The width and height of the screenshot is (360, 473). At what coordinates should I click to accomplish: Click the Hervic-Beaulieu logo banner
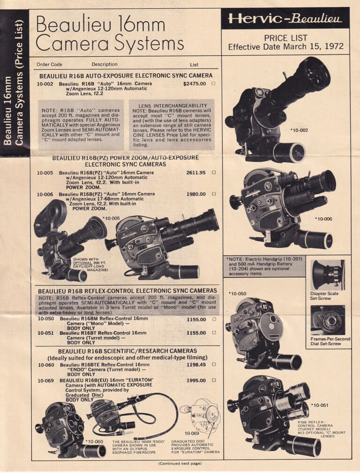click(285, 19)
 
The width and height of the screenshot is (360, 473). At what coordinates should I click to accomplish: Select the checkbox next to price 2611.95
click(214, 173)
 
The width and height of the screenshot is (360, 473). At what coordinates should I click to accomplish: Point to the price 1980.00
click(196, 194)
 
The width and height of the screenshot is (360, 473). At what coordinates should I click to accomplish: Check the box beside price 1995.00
click(214, 380)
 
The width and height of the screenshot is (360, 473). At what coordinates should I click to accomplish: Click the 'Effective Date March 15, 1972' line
click(285, 47)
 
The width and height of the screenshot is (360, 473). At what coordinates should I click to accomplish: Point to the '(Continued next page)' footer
click(180, 463)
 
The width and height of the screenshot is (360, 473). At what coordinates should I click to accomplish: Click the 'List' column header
click(194, 65)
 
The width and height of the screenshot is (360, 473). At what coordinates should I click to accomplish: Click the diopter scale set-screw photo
click(328, 275)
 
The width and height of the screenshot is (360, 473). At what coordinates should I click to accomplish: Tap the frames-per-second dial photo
click(328, 320)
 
